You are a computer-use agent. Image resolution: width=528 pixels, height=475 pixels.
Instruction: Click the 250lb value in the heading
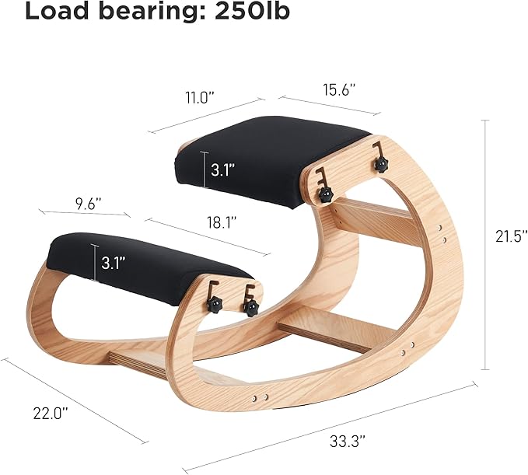tap(252, 11)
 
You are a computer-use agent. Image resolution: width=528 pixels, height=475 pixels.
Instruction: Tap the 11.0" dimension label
tap(200, 98)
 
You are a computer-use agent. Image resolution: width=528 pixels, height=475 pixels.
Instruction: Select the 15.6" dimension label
tap(339, 90)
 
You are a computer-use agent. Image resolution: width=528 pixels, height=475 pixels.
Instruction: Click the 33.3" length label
tap(348, 441)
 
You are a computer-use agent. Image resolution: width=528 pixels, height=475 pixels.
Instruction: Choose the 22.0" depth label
tap(51, 413)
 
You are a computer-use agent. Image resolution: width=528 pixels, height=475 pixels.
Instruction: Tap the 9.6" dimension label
tap(88, 204)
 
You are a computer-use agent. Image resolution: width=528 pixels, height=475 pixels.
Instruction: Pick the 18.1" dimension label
tap(222, 222)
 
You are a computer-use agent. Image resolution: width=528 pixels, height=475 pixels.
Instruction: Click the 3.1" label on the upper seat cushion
tap(222, 169)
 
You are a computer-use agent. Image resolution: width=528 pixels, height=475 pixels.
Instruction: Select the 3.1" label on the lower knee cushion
tap(114, 262)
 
